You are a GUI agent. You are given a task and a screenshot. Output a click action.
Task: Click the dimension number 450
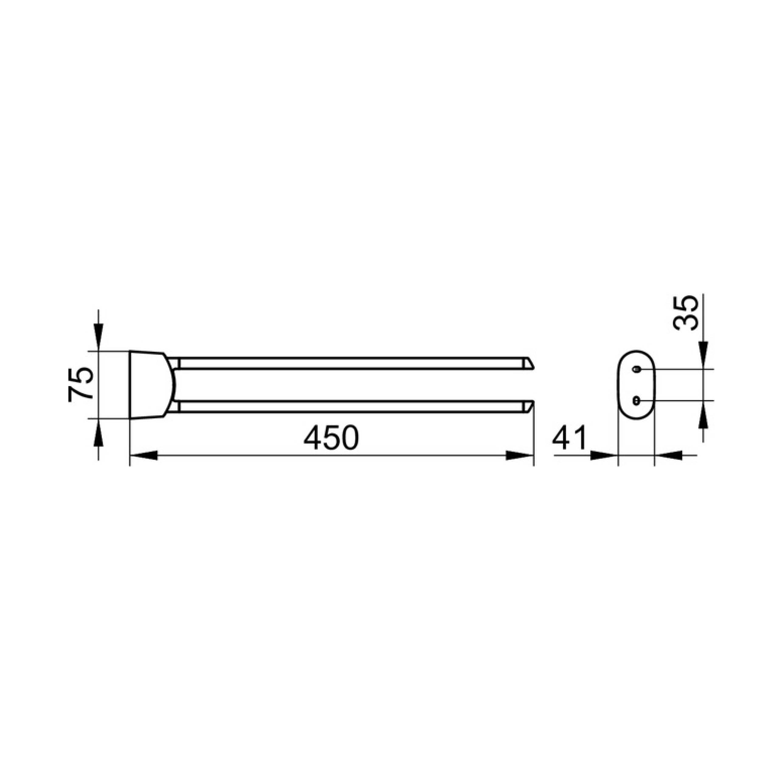(332, 437)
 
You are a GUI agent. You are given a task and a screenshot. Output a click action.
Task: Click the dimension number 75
(81, 384)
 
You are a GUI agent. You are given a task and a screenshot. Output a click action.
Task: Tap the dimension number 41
(569, 437)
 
